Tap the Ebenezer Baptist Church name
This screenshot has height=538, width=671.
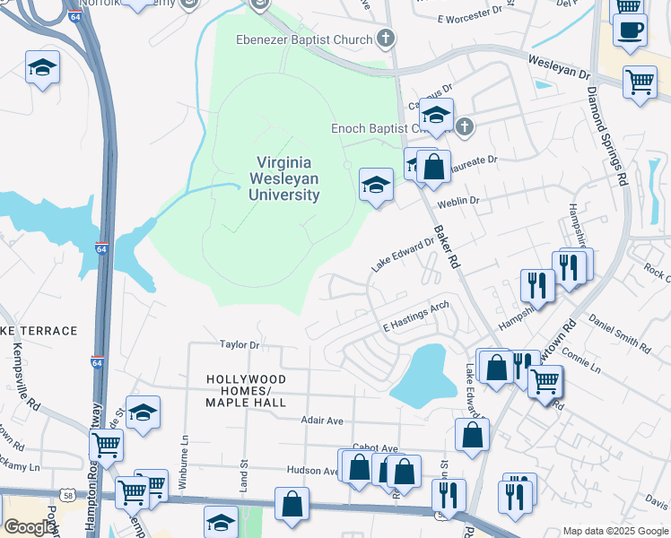pyautogui.click(x=303, y=39)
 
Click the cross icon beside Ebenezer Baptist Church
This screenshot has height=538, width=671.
pyautogui.click(x=386, y=39)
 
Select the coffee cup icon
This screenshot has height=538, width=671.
pyautogui.click(x=630, y=29)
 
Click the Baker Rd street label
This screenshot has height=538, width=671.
pyautogui.click(x=447, y=247)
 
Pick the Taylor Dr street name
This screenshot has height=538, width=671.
pyautogui.click(x=240, y=344)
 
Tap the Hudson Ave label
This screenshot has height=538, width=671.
pyautogui.click(x=311, y=470)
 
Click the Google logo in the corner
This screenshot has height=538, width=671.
pyautogui.click(x=29, y=527)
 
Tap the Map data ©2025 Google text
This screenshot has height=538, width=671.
pyautogui.click(x=614, y=531)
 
